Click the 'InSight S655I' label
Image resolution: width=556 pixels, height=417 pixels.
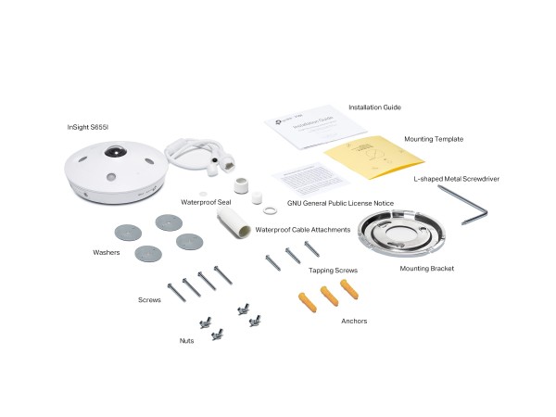click(x=91, y=125)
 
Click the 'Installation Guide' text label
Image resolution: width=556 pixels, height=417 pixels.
click(x=374, y=107)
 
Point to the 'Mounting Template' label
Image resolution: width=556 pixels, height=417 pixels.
click(x=433, y=139)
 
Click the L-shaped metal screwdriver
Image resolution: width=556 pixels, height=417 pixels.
click(x=463, y=203)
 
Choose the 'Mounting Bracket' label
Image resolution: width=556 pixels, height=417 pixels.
click(x=426, y=269)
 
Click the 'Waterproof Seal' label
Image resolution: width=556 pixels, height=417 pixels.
click(x=205, y=200)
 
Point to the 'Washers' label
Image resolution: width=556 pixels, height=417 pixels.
click(x=107, y=251)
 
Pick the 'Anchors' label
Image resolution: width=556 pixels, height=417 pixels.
click(x=354, y=321)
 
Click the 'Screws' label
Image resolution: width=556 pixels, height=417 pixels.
click(x=149, y=299)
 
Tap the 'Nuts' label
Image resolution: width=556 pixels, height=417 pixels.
click(x=186, y=341)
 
